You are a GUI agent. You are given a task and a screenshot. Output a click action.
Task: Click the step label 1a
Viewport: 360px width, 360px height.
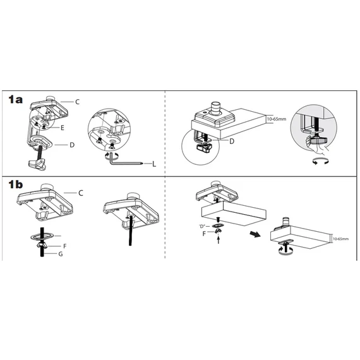[x=15, y=100]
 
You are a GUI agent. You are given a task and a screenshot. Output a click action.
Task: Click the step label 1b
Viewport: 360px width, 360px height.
[x=15, y=184]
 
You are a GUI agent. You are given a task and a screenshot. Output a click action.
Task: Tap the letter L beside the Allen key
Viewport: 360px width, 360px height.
[x=154, y=164]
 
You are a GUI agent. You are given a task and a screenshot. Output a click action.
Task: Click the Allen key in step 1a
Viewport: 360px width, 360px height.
[x=125, y=160]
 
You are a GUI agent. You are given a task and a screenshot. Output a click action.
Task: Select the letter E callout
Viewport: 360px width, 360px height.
[x=63, y=128]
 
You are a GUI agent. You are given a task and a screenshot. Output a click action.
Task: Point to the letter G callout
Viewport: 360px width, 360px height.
[x=61, y=254]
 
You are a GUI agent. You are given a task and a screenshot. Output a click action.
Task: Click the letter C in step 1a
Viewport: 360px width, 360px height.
[x=78, y=102]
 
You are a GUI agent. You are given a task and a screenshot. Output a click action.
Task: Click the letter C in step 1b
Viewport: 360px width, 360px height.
[x=81, y=193]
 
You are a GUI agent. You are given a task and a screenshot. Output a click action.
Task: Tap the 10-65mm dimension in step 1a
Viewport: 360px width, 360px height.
[x=277, y=119]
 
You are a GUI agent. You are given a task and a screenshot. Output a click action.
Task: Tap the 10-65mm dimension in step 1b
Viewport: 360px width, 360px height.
[x=340, y=239]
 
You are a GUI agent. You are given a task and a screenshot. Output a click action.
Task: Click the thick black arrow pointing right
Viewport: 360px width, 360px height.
[x=255, y=234]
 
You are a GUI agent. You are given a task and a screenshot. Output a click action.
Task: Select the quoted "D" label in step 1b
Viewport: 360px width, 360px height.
[x=202, y=226]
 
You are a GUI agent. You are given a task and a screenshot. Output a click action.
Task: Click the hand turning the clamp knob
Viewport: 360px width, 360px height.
[x=317, y=145]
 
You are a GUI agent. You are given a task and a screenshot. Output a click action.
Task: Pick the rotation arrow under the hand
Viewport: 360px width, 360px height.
[x=320, y=162]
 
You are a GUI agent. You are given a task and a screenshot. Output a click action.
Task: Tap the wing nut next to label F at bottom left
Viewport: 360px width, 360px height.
[x=42, y=246]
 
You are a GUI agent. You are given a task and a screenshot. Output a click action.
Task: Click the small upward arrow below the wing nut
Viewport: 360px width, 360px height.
[x=219, y=240]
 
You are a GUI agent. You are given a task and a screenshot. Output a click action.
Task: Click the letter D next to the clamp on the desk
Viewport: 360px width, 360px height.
[x=232, y=141]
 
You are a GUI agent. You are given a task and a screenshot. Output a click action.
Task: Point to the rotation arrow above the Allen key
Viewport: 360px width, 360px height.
[x=112, y=155]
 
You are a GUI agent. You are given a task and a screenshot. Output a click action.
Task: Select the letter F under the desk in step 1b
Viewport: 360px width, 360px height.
[x=204, y=234]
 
